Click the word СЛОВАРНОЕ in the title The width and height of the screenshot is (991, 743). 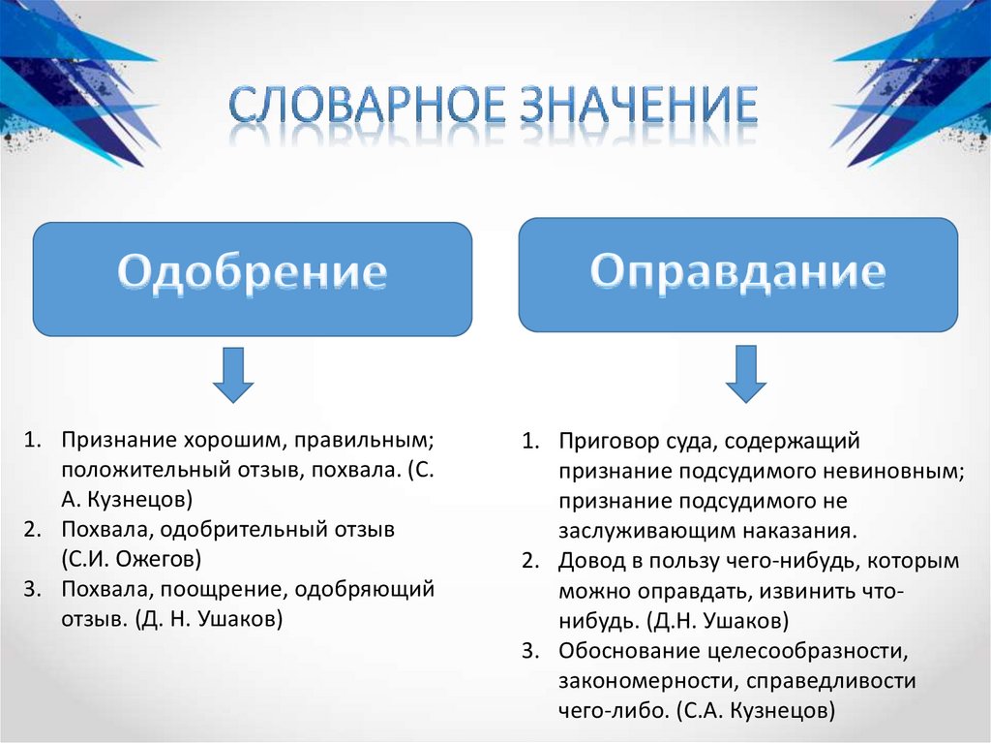367,108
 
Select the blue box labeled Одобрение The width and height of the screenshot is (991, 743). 253,278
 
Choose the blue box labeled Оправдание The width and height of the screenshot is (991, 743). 737,274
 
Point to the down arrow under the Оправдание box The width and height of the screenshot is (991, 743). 746,374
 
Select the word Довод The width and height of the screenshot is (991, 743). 588,561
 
